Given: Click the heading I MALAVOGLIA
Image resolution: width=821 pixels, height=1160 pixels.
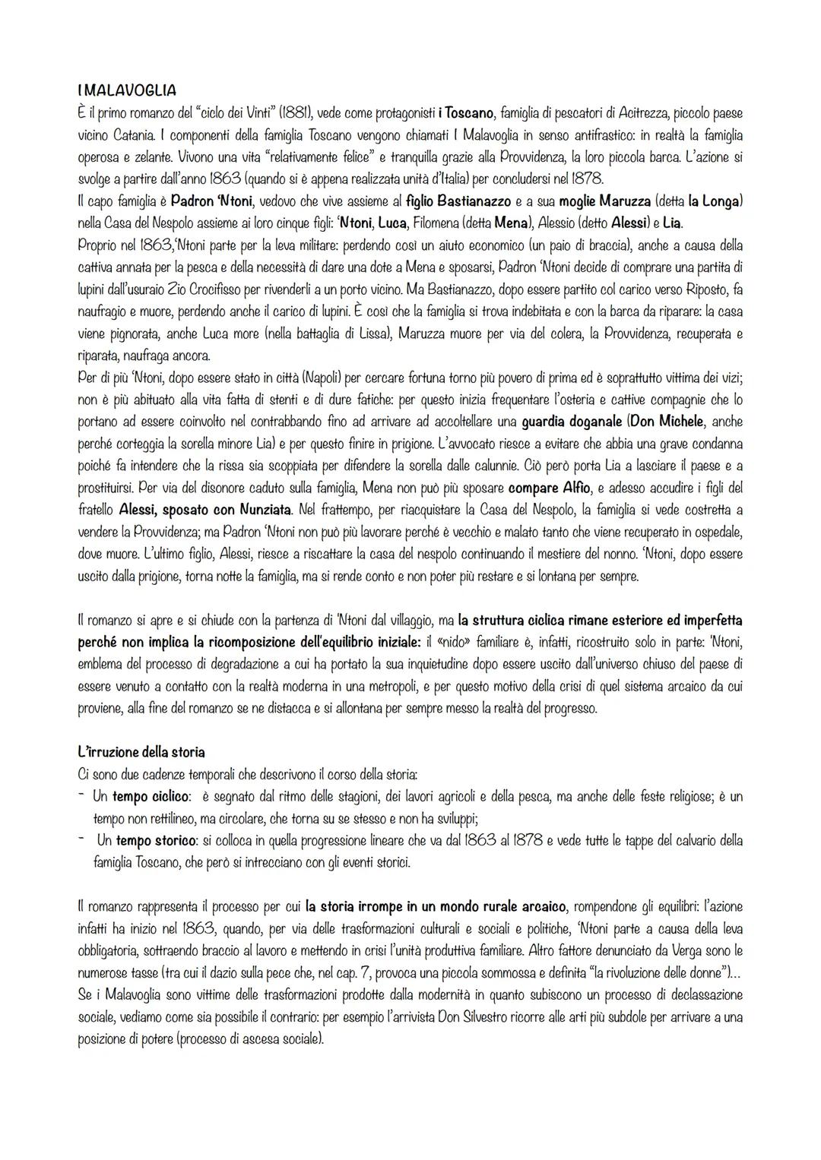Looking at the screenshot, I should point(126,90).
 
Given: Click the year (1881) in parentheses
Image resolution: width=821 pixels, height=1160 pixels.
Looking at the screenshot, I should point(296,113).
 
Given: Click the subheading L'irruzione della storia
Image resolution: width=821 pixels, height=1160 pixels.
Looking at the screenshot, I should point(141,752).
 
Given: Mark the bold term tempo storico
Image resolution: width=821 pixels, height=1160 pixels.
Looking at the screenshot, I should point(151,840).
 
